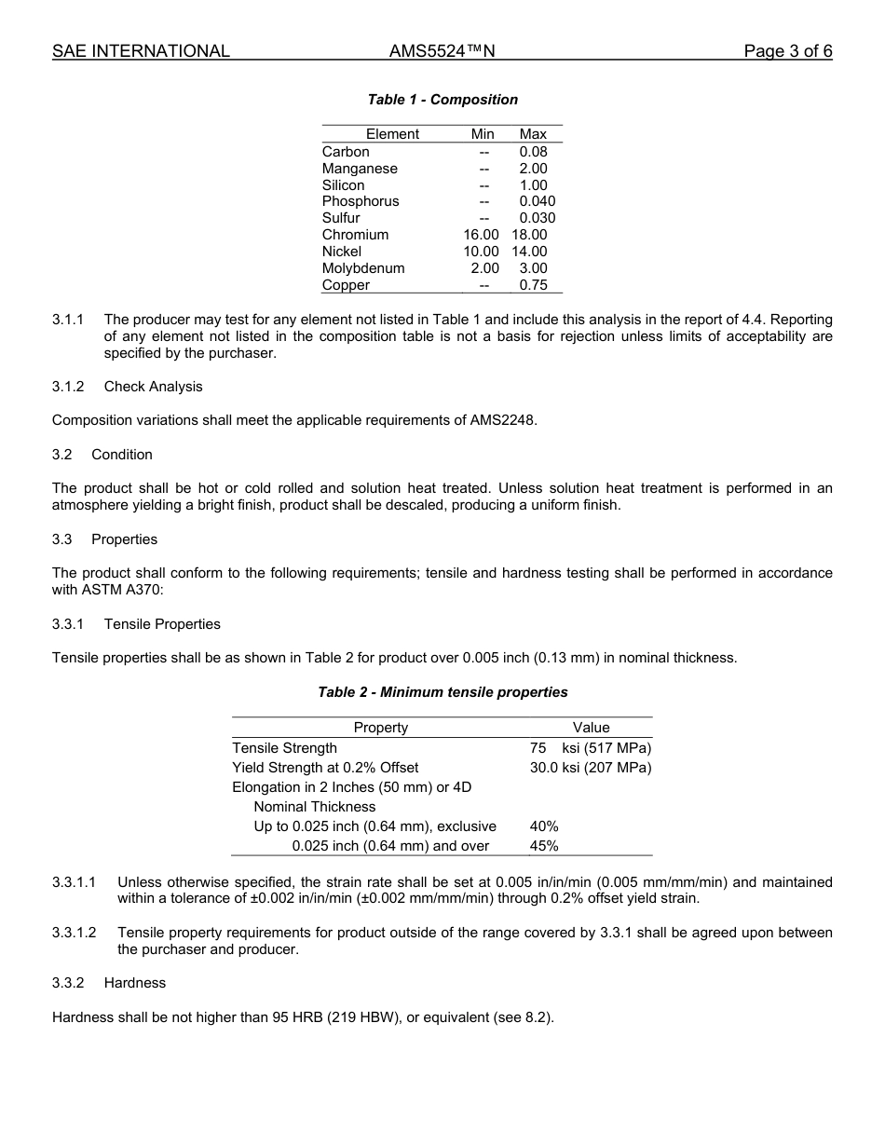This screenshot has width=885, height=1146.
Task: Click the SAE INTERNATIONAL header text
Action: pyautogui.click(x=141, y=51)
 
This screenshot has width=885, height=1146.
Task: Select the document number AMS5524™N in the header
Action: pyautogui.click(x=442, y=51)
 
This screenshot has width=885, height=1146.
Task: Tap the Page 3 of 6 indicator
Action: pyautogui.click(x=787, y=51)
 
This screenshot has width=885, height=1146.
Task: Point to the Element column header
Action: pyautogui.click(x=392, y=134)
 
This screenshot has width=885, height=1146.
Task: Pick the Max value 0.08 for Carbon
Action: pyautogui.click(x=533, y=152)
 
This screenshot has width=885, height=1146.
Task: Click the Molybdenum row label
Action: pyautogui.click(x=363, y=268)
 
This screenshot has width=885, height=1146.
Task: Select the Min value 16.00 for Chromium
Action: pyautogui.click(x=481, y=235)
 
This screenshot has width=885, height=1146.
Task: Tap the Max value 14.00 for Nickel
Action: pyautogui.click(x=529, y=252)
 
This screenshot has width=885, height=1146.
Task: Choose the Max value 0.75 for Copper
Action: pyautogui.click(x=533, y=285)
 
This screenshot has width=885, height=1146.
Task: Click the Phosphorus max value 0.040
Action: pyautogui.click(x=537, y=201)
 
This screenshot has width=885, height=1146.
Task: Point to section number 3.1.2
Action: pyautogui.click(x=68, y=387)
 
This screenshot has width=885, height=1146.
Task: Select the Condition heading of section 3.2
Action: pyautogui.click(x=122, y=455)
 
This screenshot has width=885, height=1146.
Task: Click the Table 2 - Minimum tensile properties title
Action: pyautogui.click(x=442, y=692)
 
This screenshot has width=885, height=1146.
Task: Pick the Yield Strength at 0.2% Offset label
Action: pyautogui.click(x=325, y=768)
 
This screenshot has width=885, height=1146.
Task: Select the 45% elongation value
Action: pyautogui.click(x=544, y=846)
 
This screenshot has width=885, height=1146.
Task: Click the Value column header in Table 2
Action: pyautogui.click(x=591, y=728)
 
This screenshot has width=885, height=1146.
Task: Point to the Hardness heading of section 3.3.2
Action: pyautogui.click(x=135, y=983)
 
